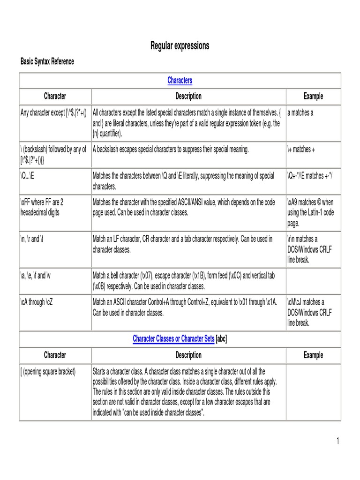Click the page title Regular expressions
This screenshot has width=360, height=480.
(180, 45)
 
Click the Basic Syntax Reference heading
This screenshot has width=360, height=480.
(47, 61)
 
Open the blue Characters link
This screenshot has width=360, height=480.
(180, 80)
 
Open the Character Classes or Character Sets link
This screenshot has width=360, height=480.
(173, 338)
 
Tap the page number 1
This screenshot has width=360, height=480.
(337, 441)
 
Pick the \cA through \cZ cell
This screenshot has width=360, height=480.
(37, 302)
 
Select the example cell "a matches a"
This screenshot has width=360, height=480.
(300, 113)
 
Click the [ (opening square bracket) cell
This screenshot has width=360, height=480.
(48, 372)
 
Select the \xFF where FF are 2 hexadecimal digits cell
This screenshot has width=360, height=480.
(42, 207)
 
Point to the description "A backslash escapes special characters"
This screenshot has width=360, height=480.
(171, 150)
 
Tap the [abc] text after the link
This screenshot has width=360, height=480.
(221, 338)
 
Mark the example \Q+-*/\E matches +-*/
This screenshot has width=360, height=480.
(310, 176)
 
